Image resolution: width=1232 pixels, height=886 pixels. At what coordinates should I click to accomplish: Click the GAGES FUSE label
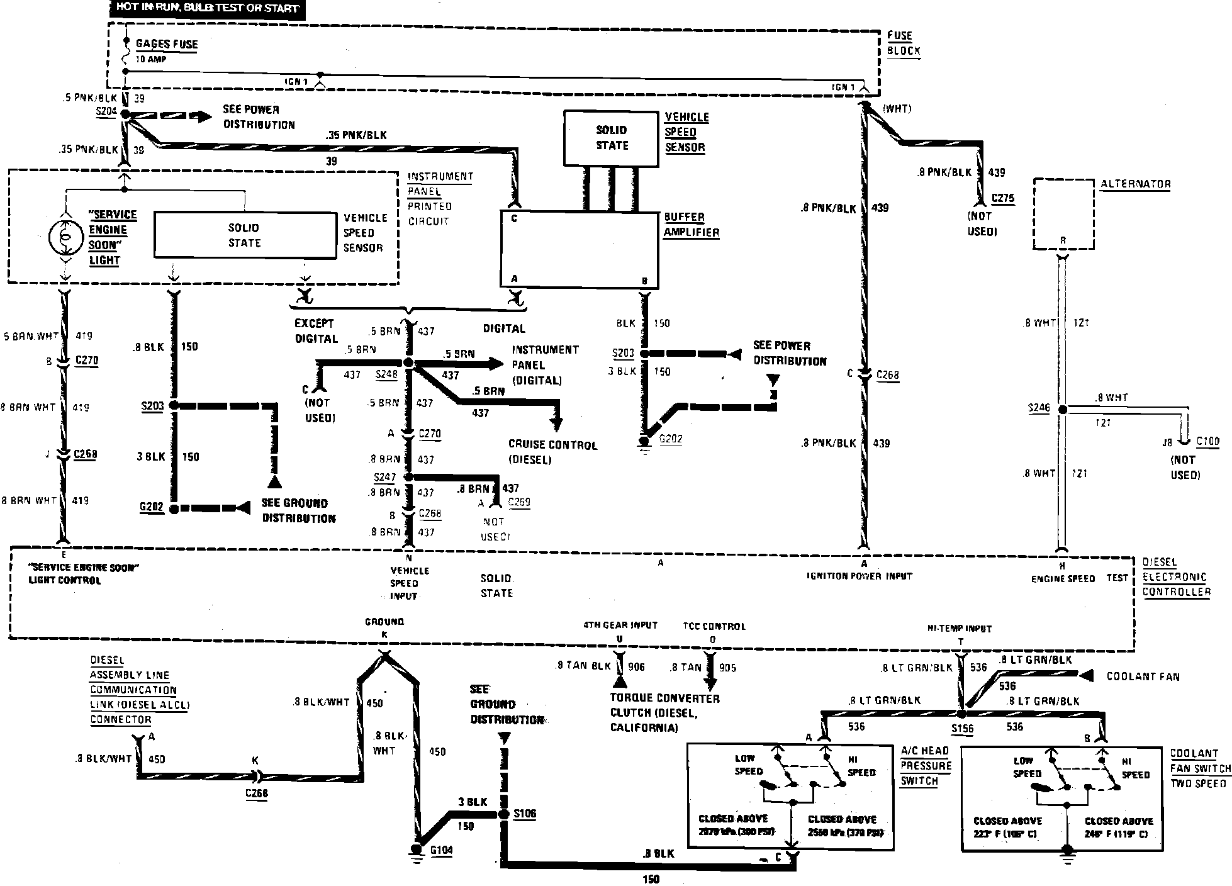coord(167,44)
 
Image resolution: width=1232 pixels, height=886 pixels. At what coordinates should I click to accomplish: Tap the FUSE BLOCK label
coord(904,43)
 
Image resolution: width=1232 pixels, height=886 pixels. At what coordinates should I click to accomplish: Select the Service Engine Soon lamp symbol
coord(64,236)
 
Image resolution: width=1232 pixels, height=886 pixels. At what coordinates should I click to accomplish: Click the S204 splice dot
coord(125,115)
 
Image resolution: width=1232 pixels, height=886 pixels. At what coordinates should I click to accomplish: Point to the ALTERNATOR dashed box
coord(1063,214)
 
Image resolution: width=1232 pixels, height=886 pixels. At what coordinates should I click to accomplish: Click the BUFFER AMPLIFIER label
coord(691,225)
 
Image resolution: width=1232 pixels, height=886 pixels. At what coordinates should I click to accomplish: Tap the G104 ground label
coord(441,850)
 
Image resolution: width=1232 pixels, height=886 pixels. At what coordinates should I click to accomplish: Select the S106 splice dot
coord(503,814)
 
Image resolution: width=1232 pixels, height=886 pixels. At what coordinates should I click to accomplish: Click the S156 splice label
coord(962,729)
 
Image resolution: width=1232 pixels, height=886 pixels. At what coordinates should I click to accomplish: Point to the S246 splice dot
coord(1062,410)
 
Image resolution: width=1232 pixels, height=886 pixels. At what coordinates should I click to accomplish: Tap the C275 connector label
coord(1003,198)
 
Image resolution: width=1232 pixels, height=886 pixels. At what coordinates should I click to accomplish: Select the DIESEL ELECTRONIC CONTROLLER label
coord(1175,577)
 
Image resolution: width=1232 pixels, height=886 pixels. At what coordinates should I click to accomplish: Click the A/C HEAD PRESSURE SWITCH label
coord(925,766)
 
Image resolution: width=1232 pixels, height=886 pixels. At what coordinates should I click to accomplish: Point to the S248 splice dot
coord(408,363)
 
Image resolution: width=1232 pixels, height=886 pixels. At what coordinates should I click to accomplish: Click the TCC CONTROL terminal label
coord(714,626)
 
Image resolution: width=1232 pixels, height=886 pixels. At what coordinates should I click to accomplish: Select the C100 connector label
coord(1207,441)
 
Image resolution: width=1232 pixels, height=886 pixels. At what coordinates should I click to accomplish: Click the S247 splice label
coord(384,478)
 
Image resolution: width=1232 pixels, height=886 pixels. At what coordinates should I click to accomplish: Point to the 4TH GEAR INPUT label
coord(620,625)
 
